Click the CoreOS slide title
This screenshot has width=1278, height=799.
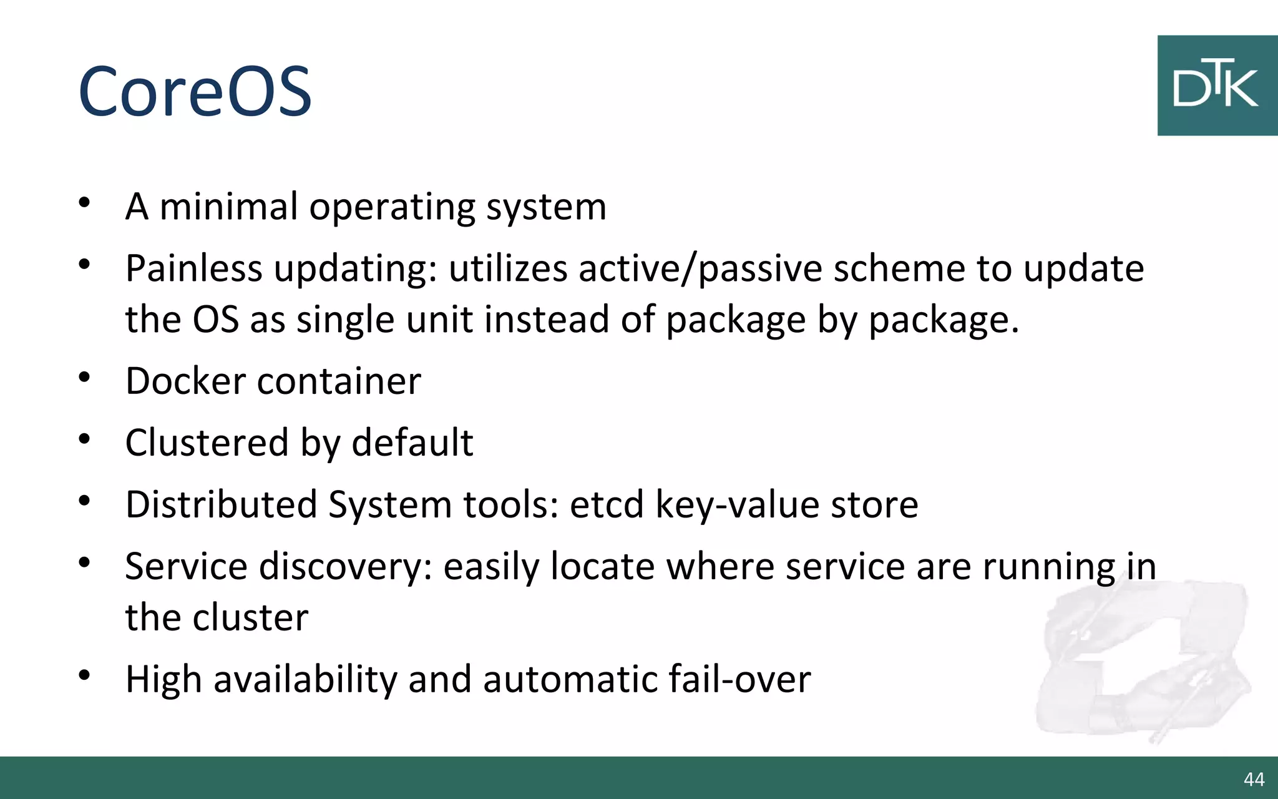pyautogui.click(x=195, y=92)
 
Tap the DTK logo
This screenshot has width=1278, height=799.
pyautogui.click(x=1216, y=86)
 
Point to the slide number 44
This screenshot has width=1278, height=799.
pyautogui.click(x=1254, y=779)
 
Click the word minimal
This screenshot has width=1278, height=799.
pyautogui.click(x=229, y=207)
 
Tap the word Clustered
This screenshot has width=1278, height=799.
pyautogui.click(x=207, y=443)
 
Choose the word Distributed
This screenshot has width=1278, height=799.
pyautogui.click(x=221, y=504)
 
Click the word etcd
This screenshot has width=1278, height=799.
pyautogui.click(x=607, y=504)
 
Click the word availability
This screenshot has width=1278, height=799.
pyautogui.click(x=305, y=679)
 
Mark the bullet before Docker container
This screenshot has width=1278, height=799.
pyautogui.click(x=85, y=378)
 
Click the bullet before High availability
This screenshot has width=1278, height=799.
pyautogui.click(x=85, y=675)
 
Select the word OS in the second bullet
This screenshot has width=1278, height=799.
pyautogui.click(x=215, y=320)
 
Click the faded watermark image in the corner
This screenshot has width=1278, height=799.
pyautogui.click(x=1142, y=662)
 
